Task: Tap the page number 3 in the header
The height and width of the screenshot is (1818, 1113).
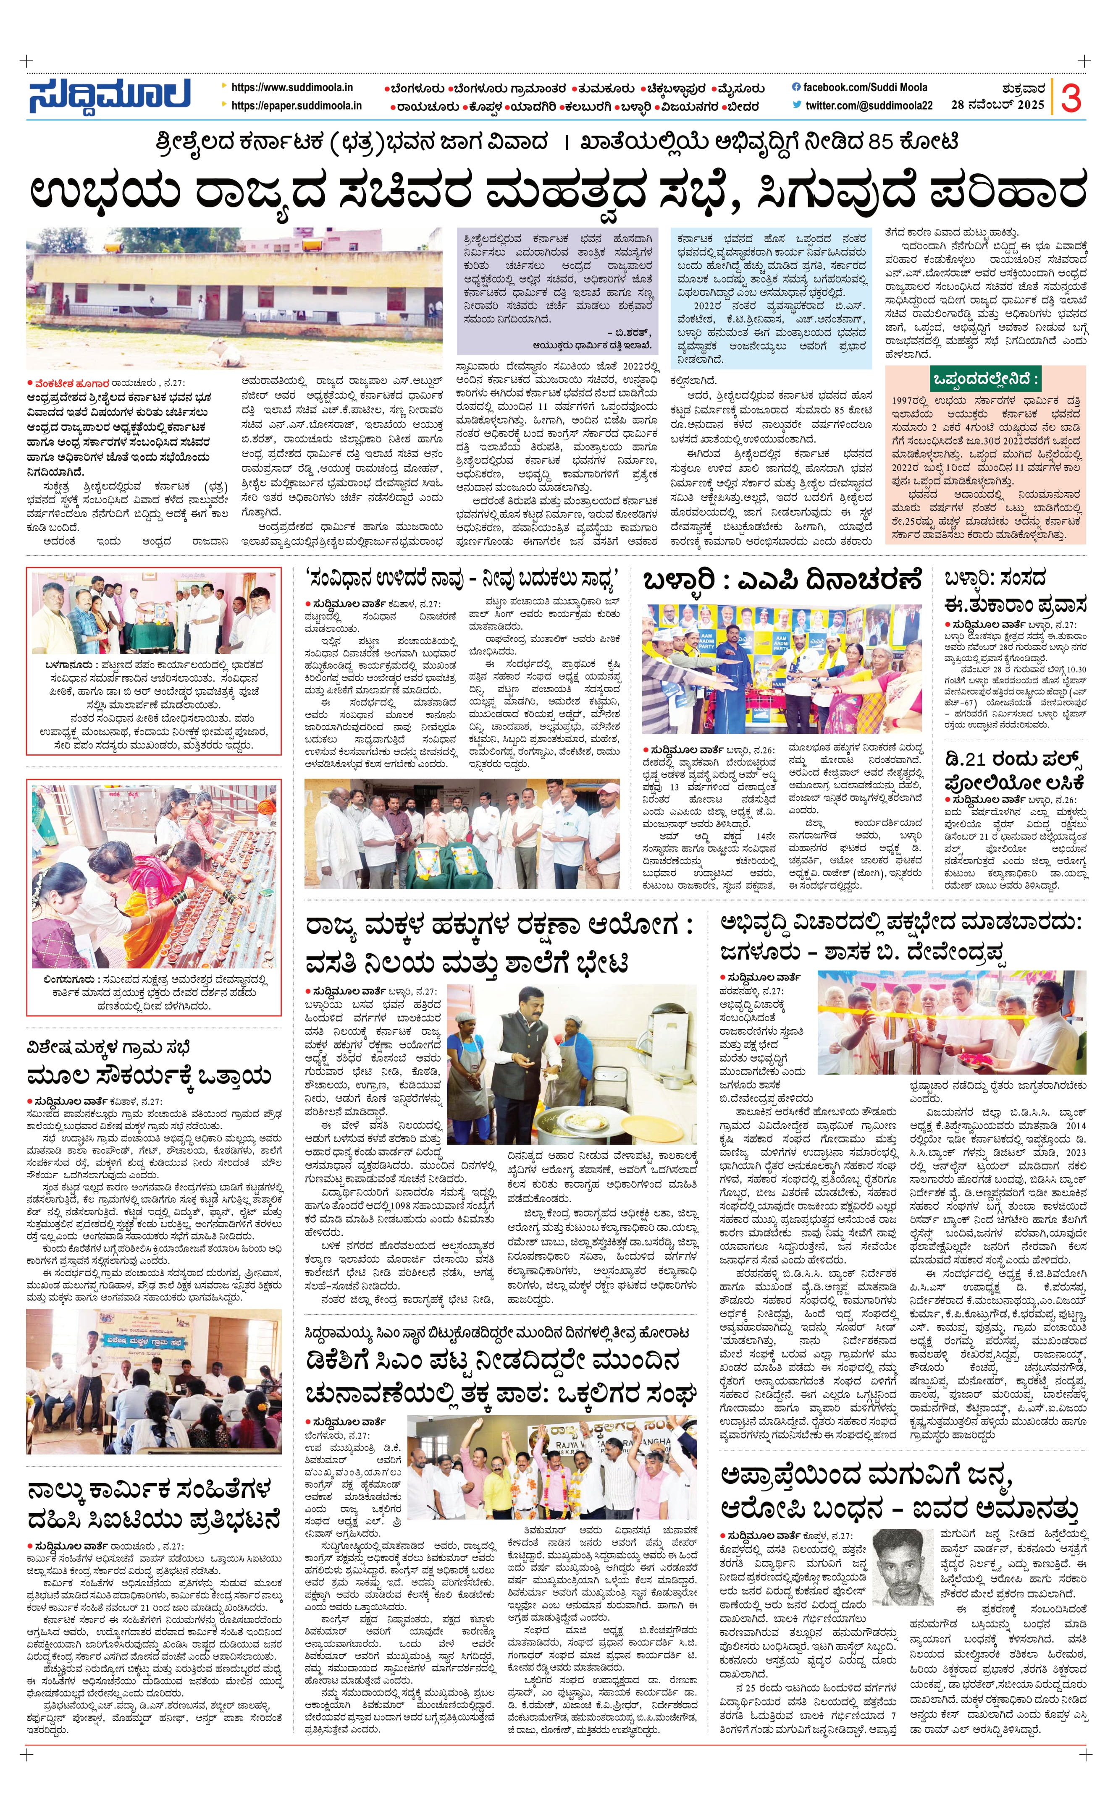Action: pos(1071,97)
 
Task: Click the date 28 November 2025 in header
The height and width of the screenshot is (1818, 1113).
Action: pos(997,105)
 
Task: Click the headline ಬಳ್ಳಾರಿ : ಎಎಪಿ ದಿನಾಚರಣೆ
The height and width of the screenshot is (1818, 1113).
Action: pos(782,581)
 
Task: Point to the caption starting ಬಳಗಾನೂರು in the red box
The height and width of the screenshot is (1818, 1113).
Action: pos(154,705)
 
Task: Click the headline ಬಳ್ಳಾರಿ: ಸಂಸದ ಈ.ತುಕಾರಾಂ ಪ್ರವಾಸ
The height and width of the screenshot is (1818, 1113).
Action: pos(1015,592)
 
